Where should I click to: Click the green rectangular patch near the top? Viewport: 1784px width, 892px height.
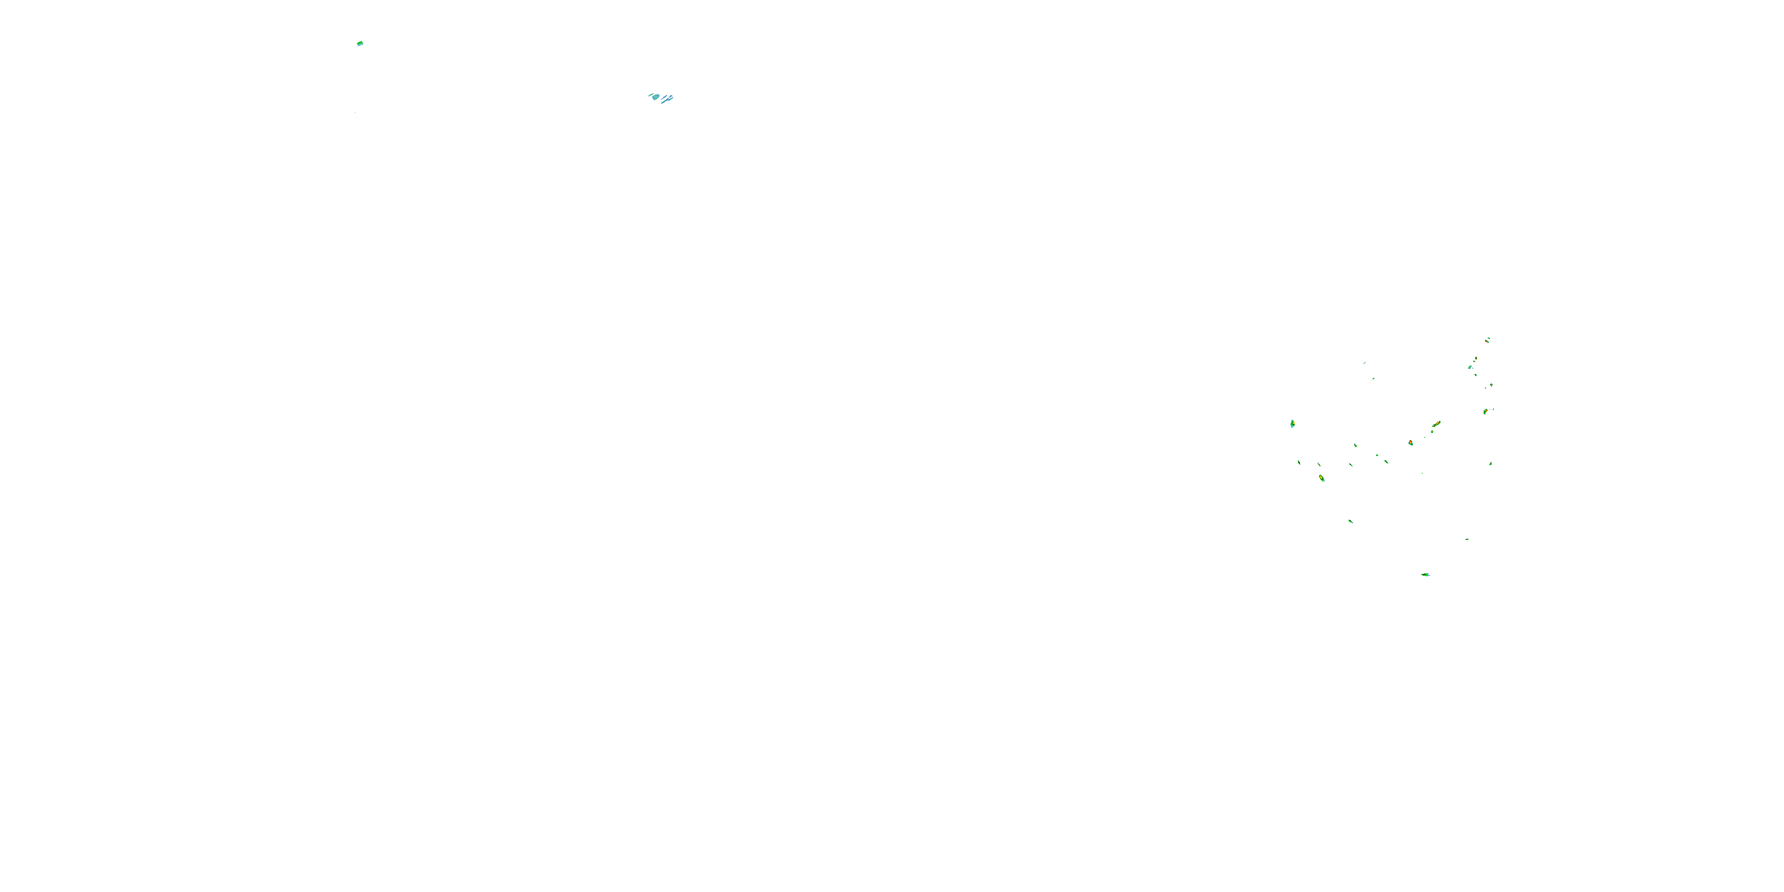tap(360, 43)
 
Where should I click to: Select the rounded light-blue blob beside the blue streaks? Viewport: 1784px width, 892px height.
tap(655, 97)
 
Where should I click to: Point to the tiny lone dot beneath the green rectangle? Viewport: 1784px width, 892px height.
tap(355, 112)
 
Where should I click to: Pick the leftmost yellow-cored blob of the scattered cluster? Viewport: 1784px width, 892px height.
tap(1292, 423)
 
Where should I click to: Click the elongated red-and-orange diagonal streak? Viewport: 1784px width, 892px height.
tap(1436, 424)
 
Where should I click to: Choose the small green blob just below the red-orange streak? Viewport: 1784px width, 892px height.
tap(1432, 432)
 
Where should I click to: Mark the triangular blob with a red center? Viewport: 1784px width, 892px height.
tap(1411, 442)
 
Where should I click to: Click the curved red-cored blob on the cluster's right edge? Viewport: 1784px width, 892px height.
tap(1485, 412)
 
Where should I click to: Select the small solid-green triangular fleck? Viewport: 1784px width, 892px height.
tap(1476, 375)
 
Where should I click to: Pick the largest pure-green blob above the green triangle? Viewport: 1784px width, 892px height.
tap(1470, 366)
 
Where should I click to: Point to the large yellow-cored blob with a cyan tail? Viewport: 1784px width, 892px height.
tap(1321, 478)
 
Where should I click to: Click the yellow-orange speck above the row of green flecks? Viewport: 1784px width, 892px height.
tap(1355, 445)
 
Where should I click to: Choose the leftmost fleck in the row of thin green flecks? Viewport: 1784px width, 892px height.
tap(1299, 462)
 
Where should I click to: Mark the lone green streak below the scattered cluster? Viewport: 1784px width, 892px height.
tap(1350, 521)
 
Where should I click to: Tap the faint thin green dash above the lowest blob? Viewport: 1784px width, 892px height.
tap(1467, 539)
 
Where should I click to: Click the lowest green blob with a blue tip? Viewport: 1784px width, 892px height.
tap(1425, 574)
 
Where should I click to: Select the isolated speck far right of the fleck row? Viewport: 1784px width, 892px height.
tap(1490, 463)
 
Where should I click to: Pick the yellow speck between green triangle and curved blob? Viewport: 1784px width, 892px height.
tap(1491, 385)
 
